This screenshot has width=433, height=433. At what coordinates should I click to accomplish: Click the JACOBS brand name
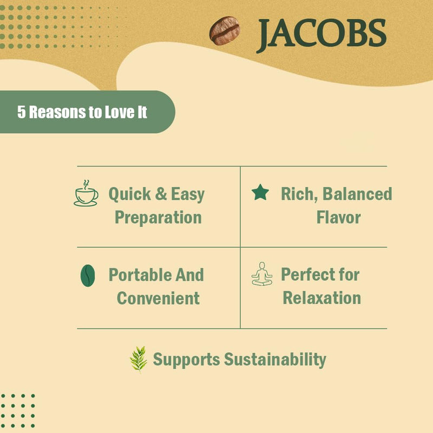pos(321,34)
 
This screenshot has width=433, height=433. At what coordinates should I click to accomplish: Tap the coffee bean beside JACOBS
pos(225,31)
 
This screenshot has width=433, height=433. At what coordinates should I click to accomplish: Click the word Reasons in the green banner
pos(62,112)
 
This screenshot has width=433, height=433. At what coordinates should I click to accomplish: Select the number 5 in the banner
pos(21,112)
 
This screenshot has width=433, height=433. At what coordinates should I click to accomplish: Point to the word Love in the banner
pos(118,112)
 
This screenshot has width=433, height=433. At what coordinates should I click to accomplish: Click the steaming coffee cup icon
pos(86,194)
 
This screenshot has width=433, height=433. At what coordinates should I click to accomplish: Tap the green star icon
pos(260,193)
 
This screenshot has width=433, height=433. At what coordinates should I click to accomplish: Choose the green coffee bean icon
pos(88,275)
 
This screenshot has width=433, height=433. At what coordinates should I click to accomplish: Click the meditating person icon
pos(262,274)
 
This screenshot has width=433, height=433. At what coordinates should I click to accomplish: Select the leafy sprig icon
pos(139,359)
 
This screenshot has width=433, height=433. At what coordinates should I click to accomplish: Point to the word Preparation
pos(158,218)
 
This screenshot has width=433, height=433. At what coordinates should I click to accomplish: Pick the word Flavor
pos(338,218)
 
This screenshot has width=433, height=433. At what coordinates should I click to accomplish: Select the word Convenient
pos(158,298)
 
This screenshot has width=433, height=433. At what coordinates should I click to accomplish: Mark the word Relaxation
pos(322,298)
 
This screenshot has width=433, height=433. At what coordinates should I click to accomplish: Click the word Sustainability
pos(275,359)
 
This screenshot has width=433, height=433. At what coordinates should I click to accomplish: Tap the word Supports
pos(186,359)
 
